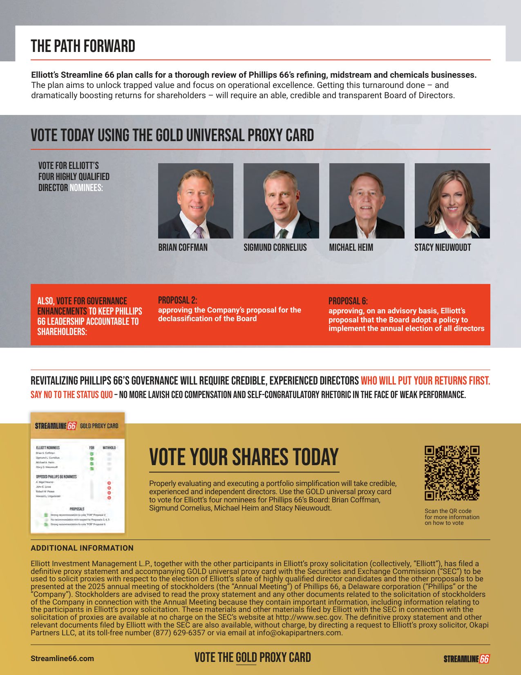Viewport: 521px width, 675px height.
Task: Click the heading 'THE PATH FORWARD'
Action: click(83, 46)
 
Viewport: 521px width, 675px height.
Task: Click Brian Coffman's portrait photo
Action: click(195, 201)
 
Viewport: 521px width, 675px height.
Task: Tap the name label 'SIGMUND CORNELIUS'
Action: click(275, 248)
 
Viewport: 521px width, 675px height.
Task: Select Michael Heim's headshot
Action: click(367, 201)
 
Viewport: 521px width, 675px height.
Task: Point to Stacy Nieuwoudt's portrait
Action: click(452, 201)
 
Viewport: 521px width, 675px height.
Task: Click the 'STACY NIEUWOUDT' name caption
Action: click(443, 248)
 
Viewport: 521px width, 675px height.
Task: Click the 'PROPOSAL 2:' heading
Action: click(177, 300)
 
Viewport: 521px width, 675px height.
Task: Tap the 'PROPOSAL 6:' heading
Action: click(348, 301)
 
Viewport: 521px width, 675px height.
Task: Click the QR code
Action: click(452, 473)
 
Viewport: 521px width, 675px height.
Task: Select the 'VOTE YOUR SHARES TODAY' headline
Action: click(244, 457)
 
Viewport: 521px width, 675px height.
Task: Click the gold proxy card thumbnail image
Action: click(78, 473)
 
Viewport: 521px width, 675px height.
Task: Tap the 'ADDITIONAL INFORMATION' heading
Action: click(82, 548)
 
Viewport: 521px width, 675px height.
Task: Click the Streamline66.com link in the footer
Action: click(62, 658)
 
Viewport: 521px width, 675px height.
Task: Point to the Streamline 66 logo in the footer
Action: click(466, 659)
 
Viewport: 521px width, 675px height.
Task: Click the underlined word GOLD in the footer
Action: click(246, 657)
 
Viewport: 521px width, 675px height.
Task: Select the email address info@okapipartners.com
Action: click(299, 633)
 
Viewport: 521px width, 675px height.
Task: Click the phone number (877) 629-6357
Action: click(179, 633)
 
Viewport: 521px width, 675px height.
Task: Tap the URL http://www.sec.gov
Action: click(309, 617)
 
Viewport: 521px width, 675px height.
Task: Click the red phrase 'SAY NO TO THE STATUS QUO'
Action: click(72, 395)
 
